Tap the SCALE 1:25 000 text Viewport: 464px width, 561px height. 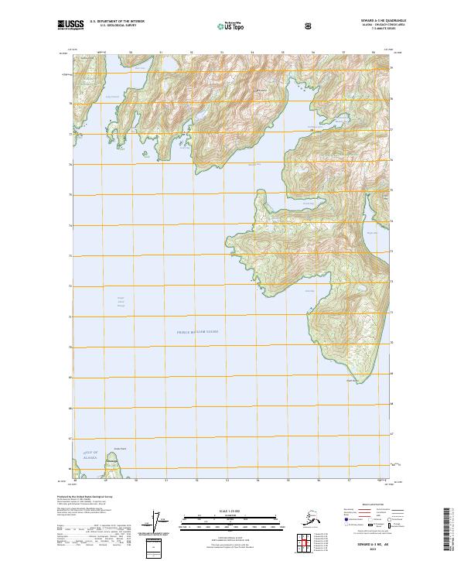231,511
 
